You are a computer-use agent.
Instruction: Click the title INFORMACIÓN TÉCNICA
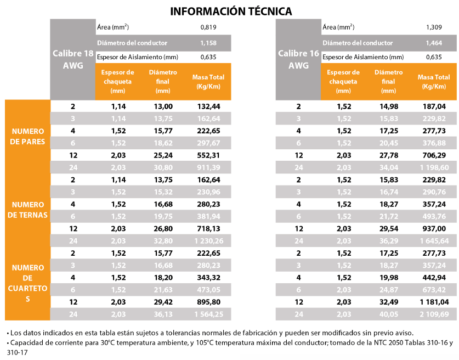click(x=231, y=11)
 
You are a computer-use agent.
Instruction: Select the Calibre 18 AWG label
click(x=72, y=59)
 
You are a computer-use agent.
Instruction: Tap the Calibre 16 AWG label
click(x=298, y=59)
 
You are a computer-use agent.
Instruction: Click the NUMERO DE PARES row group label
click(x=28, y=137)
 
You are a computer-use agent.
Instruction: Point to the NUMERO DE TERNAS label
click(x=28, y=209)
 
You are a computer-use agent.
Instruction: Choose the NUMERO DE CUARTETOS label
click(x=28, y=283)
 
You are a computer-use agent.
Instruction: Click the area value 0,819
click(x=209, y=27)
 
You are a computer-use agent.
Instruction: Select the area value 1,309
click(x=434, y=27)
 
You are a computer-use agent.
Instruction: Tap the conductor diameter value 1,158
click(x=209, y=42)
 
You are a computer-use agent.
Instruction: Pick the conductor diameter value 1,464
click(x=434, y=42)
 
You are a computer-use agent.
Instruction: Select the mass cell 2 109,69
click(x=433, y=314)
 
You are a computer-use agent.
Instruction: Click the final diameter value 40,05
click(x=388, y=314)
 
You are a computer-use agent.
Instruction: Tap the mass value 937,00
click(x=433, y=228)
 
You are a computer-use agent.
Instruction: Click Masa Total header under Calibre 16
click(x=433, y=82)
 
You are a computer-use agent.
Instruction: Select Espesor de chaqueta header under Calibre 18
click(x=118, y=81)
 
